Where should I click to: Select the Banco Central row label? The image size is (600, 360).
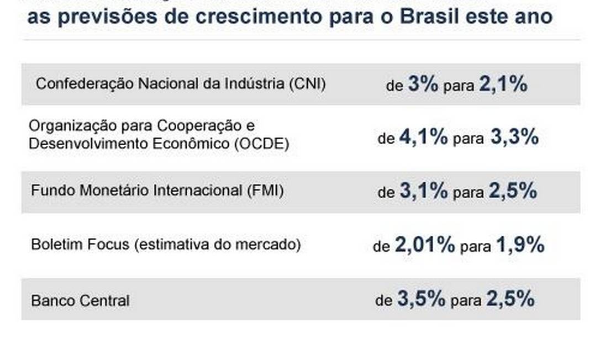tap(81, 301)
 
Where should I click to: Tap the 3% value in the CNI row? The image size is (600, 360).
tap(423, 84)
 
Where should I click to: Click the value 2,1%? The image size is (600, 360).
tap(503, 84)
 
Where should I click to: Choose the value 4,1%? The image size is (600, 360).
tap(423, 137)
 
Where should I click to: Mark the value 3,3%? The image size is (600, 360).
tap(514, 137)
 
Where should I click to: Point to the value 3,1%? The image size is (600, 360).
tap(423, 191)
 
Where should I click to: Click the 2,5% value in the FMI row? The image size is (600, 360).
tap(512, 191)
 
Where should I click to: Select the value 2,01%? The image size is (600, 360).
tap(425, 245)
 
